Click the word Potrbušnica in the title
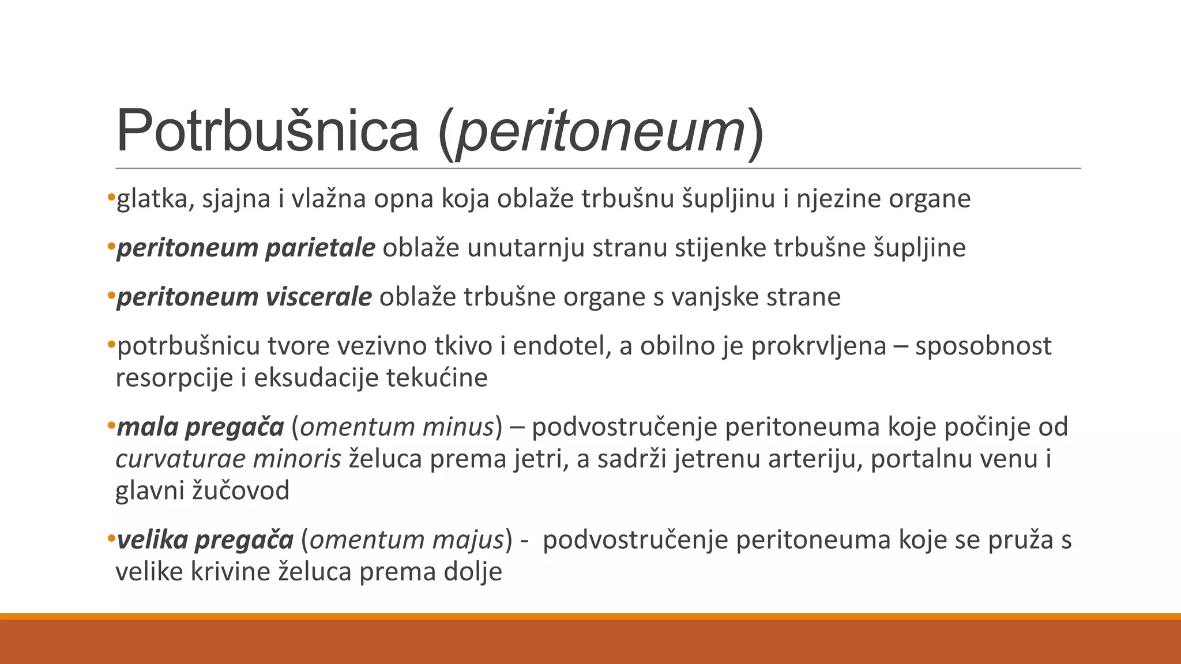[x=267, y=131]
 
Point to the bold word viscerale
[x=318, y=297]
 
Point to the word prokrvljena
[x=818, y=346]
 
